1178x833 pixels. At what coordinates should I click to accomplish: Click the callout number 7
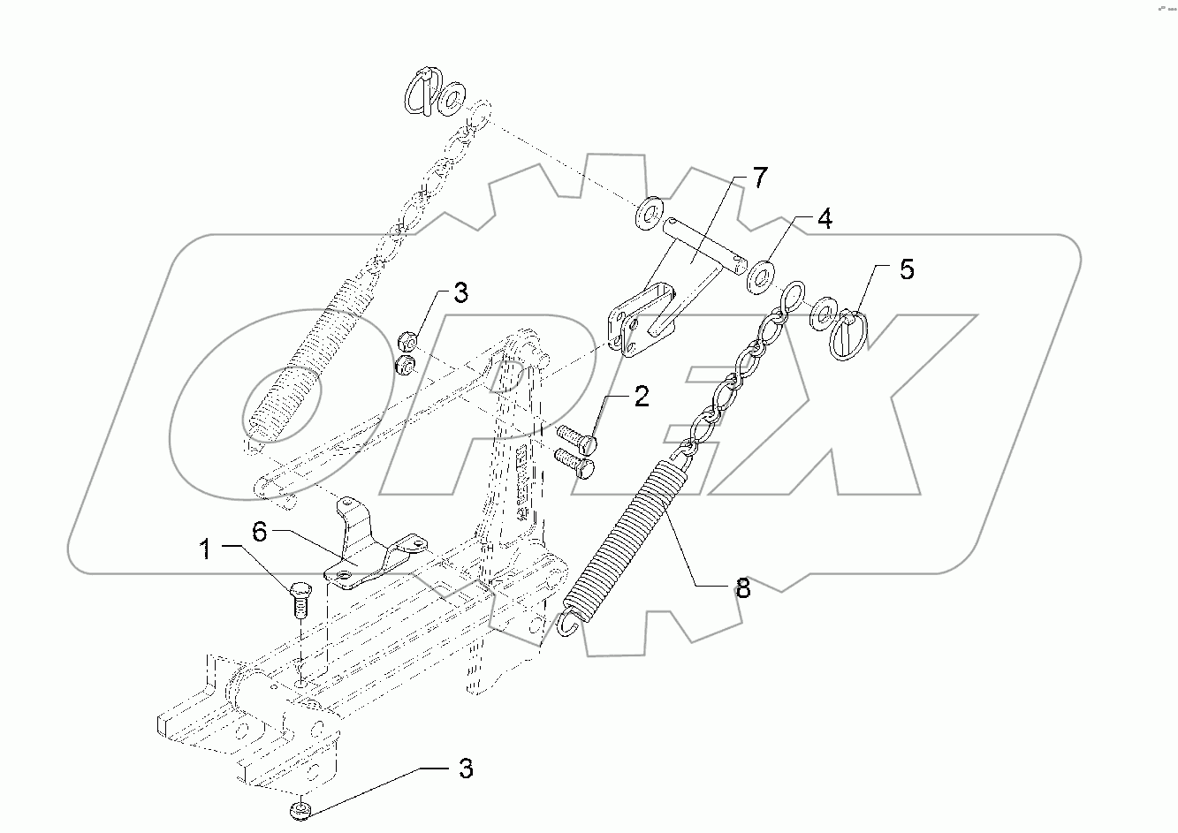[761, 178]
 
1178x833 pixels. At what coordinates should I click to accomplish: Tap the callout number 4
[823, 219]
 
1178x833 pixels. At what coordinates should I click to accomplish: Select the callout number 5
[907, 269]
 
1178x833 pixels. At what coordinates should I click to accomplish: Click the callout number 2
[640, 396]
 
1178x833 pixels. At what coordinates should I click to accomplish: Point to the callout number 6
[258, 531]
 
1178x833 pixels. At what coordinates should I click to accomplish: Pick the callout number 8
[742, 588]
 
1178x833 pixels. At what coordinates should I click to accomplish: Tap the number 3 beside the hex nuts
[460, 294]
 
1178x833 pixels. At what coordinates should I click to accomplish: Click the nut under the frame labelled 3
[301, 810]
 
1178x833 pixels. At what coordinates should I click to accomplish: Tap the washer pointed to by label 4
[760, 274]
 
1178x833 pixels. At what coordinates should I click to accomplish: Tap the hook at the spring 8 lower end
[570, 623]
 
